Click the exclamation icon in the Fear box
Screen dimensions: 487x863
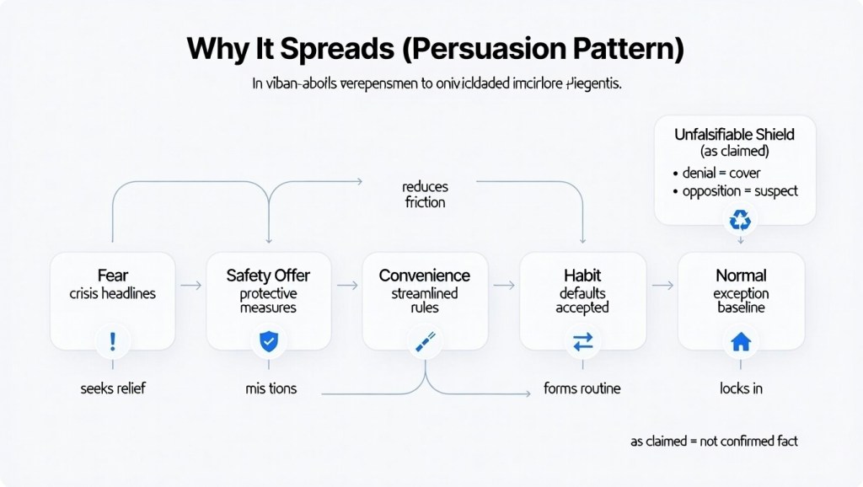click(112, 341)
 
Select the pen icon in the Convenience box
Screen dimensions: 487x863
click(426, 341)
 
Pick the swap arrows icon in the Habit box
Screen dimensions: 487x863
click(583, 341)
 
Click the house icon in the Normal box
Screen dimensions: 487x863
click(740, 341)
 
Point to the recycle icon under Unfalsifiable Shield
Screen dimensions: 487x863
click(740, 220)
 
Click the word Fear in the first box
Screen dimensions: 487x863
click(112, 276)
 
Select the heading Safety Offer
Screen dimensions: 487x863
click(269, 276)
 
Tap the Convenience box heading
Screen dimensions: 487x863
click(425, 276)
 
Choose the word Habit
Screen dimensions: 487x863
click(582, 276)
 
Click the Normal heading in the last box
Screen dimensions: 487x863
click(740, 276)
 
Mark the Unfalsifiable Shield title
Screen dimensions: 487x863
click(734, 135)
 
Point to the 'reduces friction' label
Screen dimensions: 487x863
click(425, 194)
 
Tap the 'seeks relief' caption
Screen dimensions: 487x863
click(112, 389)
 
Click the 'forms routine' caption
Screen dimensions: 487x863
click(583, 389)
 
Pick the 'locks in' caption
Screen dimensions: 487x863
click(740, 389)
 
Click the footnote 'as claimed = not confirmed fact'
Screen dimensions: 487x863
click(714, 441)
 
